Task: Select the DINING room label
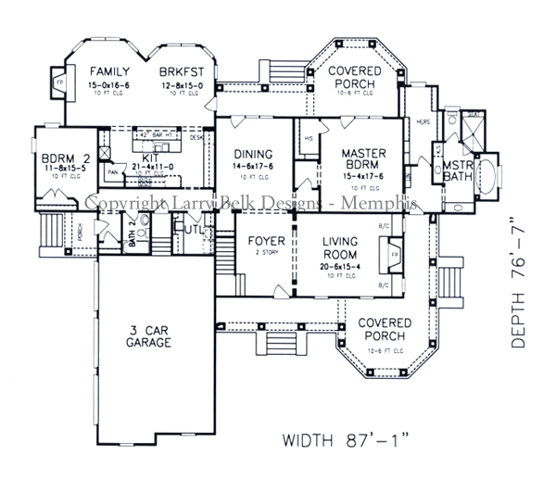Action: pos(252,155)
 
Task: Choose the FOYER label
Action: pos(266,242)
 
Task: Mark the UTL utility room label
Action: pos(193,228)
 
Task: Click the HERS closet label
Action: pos(424,120)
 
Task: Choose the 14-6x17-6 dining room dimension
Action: pos(252,167)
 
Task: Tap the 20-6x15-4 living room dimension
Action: pos(346,267)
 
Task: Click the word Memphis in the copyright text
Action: pos(384,202)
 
